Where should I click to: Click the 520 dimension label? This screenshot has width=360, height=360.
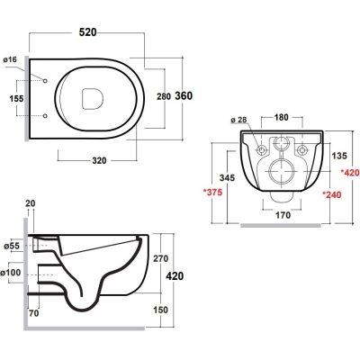pos(88,32)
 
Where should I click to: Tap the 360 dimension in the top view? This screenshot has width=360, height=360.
pos(184,95)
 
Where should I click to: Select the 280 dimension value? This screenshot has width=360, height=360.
pos(164,96)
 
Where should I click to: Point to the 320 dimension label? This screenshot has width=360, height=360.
pos(99,161)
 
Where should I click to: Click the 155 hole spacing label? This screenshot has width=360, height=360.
pos(16,98)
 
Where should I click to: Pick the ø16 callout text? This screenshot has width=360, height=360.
pos(10,59)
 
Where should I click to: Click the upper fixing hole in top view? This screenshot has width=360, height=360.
pos(45,81)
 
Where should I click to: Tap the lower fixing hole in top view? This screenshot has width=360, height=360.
pos(45,116)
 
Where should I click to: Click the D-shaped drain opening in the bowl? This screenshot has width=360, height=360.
pos(93,98)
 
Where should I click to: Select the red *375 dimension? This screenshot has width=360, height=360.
pos(213,192)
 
